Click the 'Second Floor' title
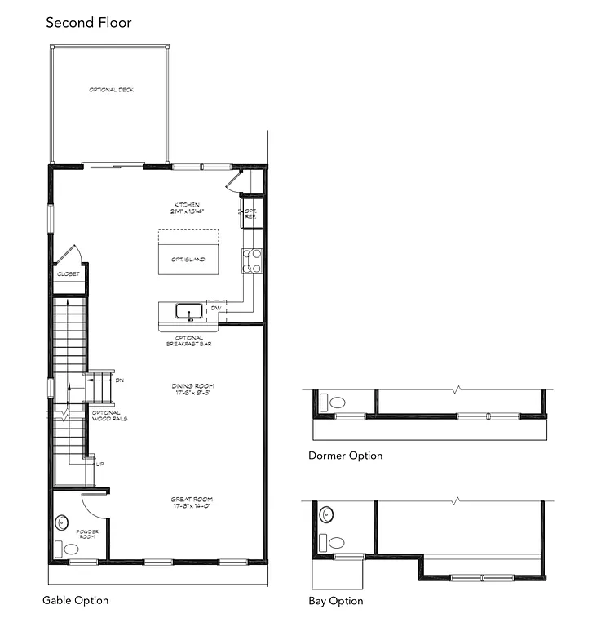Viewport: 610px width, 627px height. (88, 22)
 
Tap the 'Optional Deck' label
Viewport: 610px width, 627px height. (112, 90)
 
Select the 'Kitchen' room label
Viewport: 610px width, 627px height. (187, 207)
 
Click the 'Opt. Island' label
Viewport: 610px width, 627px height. (188, 260)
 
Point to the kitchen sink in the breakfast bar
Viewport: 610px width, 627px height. (190, 310)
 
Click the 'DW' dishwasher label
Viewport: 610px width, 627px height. (215, 309)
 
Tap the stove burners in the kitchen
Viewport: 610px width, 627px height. (251, 260)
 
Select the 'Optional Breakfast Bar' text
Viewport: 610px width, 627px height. (189, 341)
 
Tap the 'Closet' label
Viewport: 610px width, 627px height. (69, 274)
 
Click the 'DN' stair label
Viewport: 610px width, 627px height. (120, 380)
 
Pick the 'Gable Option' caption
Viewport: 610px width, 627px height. (76, 601)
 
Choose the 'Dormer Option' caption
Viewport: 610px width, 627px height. (345, 456)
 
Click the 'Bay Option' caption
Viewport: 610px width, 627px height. (335, 601)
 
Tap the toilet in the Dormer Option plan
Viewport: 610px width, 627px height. (335, 402)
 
